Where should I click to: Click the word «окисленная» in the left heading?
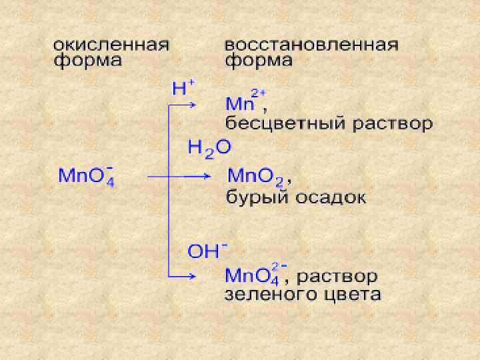point(111,45)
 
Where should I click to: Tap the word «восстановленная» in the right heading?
point(311,45)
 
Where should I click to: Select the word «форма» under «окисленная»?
point(88,61)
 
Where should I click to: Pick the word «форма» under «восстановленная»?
point(258,61)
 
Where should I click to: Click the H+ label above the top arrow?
point(183,88)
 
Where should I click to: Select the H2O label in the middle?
point(209,149)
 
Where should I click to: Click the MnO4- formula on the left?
point(86,177)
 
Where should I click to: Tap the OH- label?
point(207,251)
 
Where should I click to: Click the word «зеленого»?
point(273,295)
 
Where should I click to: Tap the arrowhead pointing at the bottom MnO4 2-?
point(193,276)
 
